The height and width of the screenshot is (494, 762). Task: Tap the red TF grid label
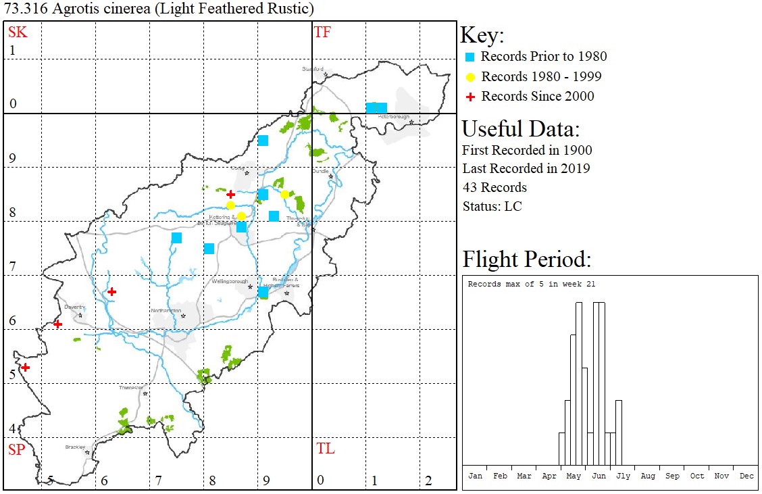[x=322, y=31]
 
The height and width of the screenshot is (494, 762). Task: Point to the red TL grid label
[x=325, y=448]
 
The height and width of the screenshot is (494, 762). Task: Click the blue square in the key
[x=471, y=57]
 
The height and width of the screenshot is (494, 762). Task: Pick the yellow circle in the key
[x=471, y=76]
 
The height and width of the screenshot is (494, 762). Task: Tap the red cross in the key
[x=471, y=97]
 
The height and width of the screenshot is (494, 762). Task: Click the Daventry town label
[x=73, y=307]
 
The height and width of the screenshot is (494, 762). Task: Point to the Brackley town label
[x=74, y=447]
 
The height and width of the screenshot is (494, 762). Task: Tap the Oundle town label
[x=320, y=171]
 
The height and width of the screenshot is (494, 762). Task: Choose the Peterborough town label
[x=394, y=116]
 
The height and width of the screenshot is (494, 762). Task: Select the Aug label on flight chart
[x=647, y=476]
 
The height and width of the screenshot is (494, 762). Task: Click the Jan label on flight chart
[x=475, y=476]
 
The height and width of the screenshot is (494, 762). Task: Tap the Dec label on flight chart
[x=746, y=476]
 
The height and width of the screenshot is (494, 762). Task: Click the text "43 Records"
[x=494, y=187]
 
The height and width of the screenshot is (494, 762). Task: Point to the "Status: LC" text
[x=492, y=206]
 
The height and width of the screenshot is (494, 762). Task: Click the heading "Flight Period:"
[x=526, y=260]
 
